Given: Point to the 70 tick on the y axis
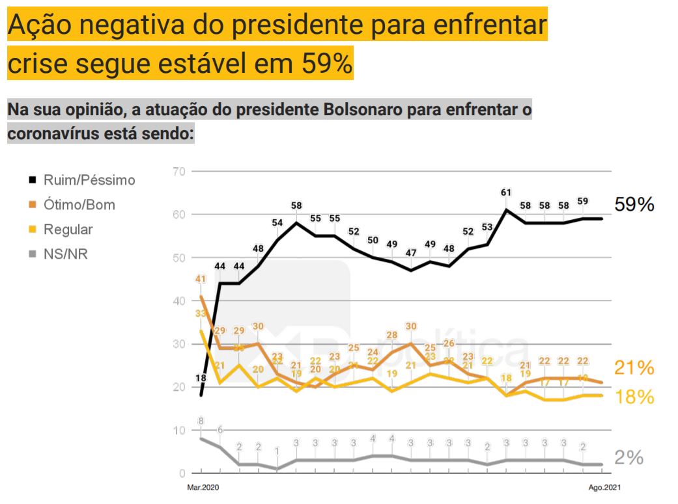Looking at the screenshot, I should pyautogui.click(x=179, y=172).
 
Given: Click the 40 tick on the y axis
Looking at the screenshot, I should pyautogui.click(x=179, y=301).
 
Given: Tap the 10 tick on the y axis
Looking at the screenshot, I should pyautogui.click(x=179, y=431).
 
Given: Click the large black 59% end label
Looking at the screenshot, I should pyautogui.click(x=634, y=205).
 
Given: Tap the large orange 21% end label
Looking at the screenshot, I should pyautogui.click(x=634, y=368).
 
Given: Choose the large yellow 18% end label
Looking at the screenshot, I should pyautogui.click(x=634, y=397).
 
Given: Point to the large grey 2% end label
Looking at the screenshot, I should pyautogui.click(x=629, y=457).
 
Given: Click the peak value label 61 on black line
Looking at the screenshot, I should pyautogui.click(x=505, y=192).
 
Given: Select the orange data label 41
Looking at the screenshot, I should pyautogui.click(x=201, y=280).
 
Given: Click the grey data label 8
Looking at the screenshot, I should pyautogui.click(x=201, y=421).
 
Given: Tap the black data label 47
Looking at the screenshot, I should pyautogui.click(x=411, y=252).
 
